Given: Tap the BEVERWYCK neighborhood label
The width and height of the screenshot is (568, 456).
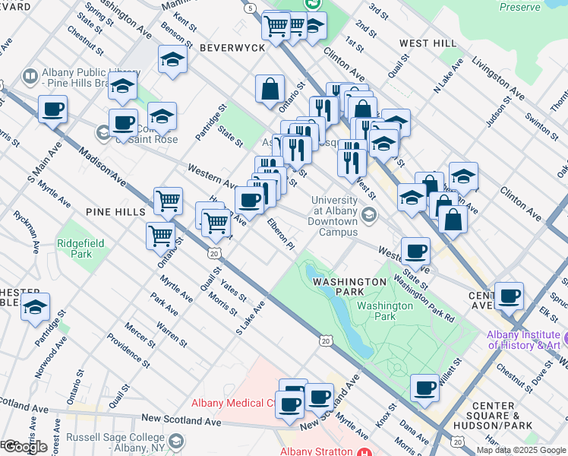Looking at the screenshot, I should click(232, 47).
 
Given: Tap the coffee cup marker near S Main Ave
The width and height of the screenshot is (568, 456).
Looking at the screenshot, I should click(52, 109).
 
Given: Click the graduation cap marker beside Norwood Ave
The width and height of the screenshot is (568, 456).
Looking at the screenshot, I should click(35, 308).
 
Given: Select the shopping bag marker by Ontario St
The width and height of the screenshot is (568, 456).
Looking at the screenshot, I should click(270, 89).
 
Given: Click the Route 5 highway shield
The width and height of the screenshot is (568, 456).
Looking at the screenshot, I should click(250, 8).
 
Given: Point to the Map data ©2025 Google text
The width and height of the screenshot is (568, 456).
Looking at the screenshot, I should click(522, 450).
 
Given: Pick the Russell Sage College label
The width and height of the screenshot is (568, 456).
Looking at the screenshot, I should click(115, 442).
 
